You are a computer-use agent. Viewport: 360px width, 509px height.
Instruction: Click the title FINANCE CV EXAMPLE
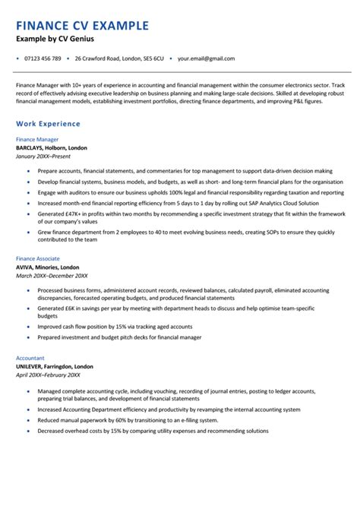click(x=82, y=25)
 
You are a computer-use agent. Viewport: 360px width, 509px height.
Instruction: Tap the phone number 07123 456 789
click(x=43, y=58)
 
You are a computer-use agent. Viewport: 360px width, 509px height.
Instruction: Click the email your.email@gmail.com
click(x=206, y=58)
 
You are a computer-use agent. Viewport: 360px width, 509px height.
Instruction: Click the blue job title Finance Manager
click(x=38, y=140)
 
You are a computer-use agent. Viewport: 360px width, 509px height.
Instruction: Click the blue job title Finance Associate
click(x=39, y=260)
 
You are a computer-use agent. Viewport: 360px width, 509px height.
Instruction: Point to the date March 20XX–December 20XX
click(x=52, y=277)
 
